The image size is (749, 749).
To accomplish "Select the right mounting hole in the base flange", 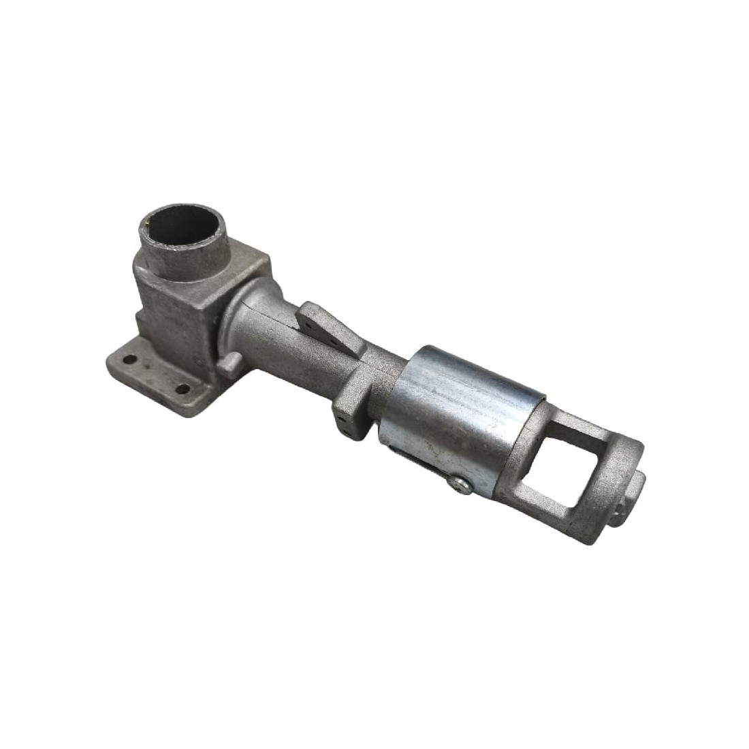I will click(182, 389).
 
